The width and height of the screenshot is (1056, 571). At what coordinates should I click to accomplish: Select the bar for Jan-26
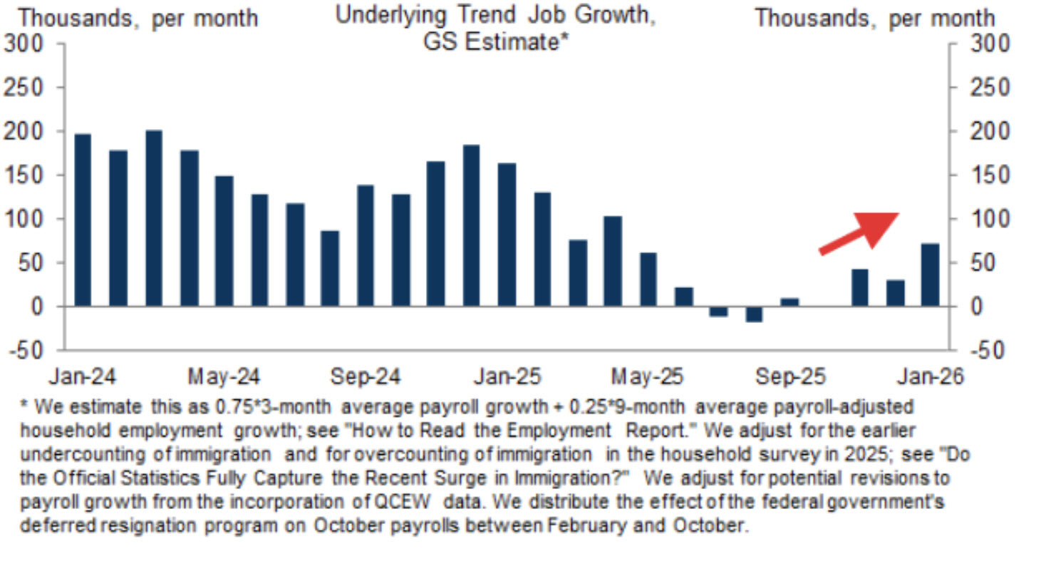tap(930, 275)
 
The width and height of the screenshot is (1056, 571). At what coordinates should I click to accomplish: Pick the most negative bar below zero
tap(754, 314)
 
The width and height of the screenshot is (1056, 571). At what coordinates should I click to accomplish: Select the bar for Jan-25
tap(507, 235)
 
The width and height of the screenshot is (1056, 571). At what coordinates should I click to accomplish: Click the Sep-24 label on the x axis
tap(365, 376)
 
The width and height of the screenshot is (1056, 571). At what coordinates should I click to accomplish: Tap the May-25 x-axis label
tap(647, 376)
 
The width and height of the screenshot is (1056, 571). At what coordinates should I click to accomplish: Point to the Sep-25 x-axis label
tap(788, 376)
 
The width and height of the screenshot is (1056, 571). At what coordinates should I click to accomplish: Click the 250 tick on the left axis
tap(24, 88)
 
